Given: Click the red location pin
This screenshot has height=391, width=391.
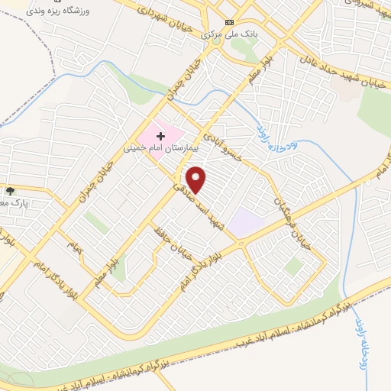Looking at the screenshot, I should tap(197, 179).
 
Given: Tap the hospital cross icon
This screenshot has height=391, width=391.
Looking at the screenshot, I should tap(160, 135).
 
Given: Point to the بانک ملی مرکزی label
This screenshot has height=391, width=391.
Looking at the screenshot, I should tap(228, 34).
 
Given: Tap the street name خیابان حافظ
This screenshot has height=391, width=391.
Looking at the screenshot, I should tap(172, 244).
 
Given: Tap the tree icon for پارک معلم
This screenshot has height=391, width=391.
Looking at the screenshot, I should tap(9, 191).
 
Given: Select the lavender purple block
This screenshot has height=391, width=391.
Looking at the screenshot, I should tap(246, 222).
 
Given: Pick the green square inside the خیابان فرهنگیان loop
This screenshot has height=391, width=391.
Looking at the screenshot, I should tap(294, 265).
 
